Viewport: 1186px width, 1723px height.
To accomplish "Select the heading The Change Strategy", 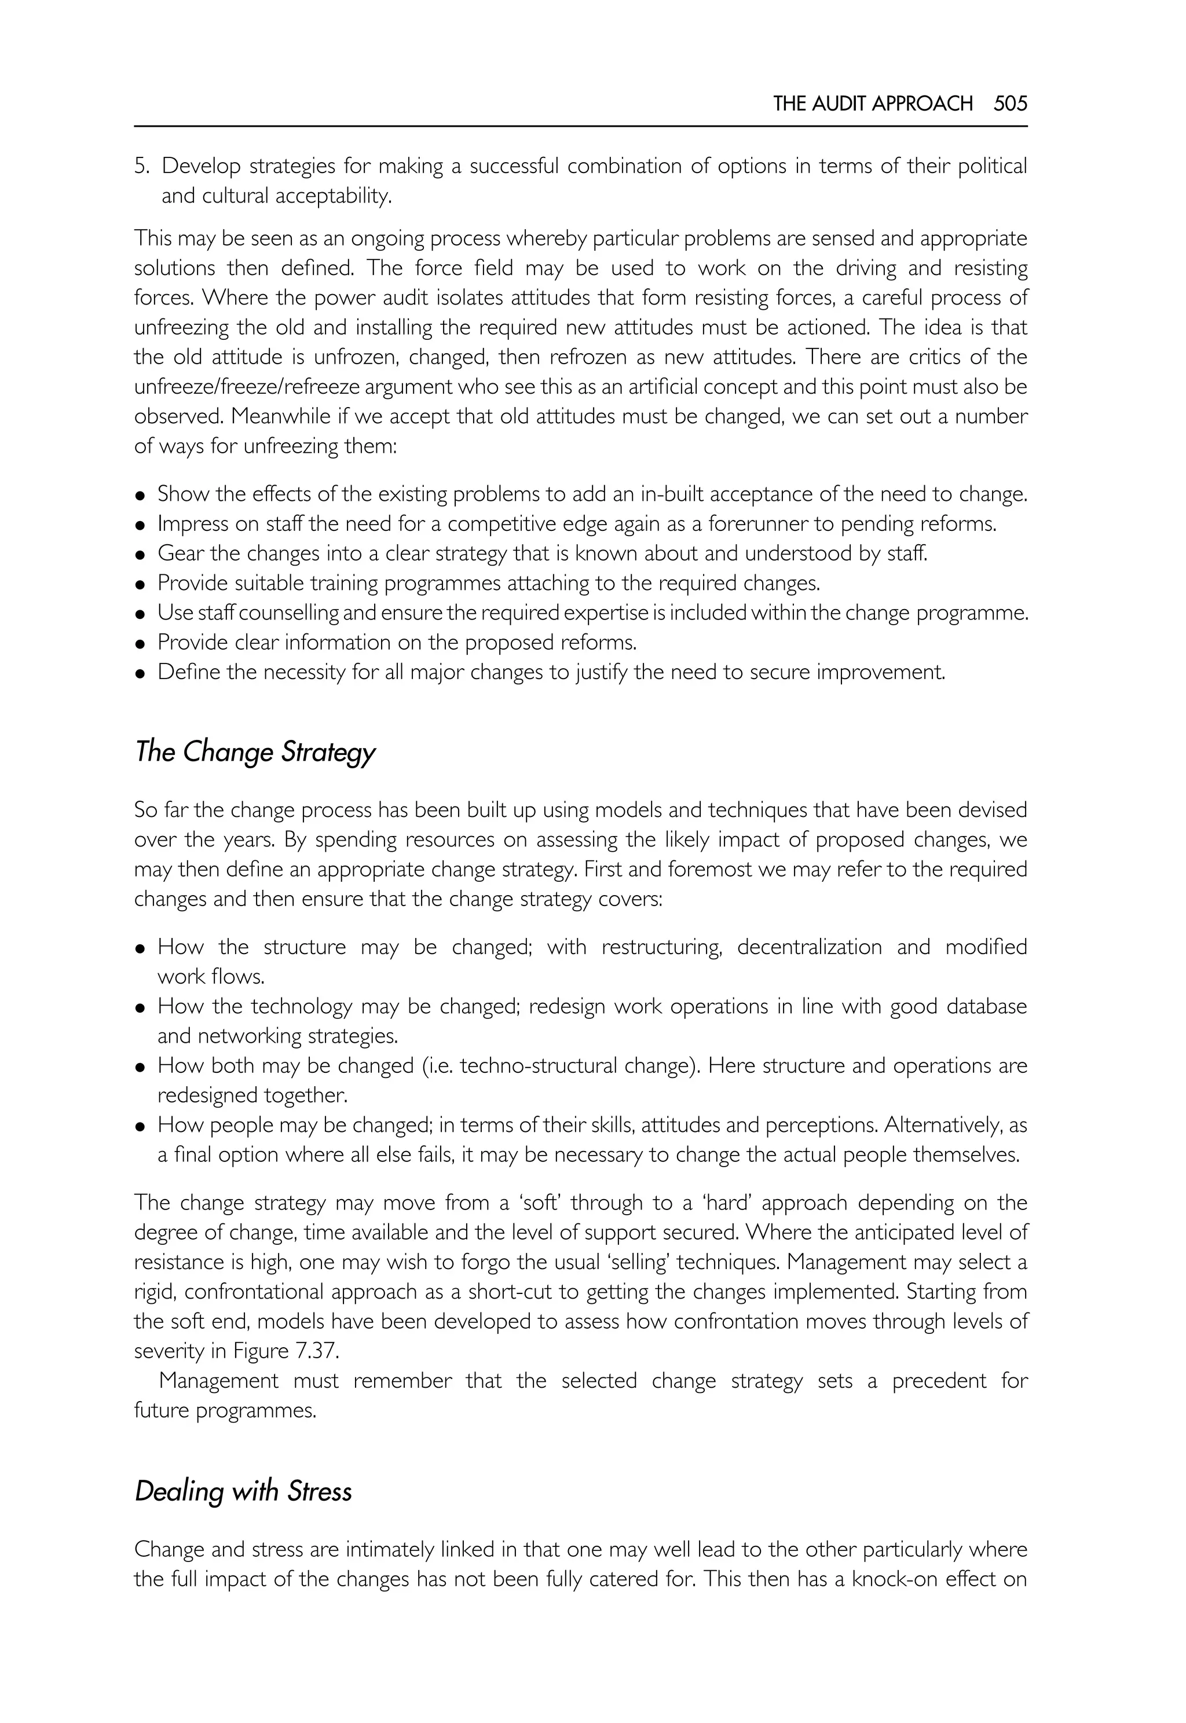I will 255,752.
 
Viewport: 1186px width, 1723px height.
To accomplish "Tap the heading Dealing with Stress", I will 243,1491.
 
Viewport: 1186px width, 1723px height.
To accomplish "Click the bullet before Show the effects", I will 140,496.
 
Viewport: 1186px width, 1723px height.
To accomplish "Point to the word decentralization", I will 809,947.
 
